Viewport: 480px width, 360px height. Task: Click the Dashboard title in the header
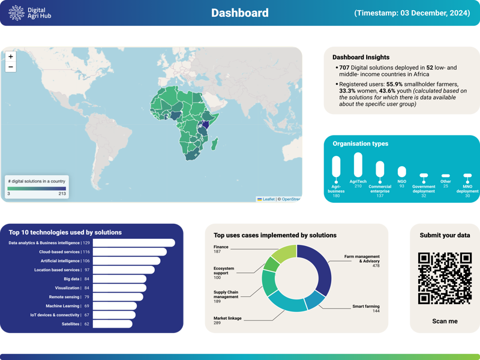pos(239,13)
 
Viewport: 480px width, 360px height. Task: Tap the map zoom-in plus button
pos(11,56)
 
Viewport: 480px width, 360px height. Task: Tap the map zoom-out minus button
pos(11,67)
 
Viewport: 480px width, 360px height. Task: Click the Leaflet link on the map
pos(267,199)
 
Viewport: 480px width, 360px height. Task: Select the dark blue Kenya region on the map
pos(206,124)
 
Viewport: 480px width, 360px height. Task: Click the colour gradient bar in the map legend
pos(37,188)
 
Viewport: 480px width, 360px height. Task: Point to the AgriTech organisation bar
pos(358,164)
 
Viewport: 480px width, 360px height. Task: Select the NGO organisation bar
pos(401,172)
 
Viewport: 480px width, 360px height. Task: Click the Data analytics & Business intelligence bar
pos(134,243)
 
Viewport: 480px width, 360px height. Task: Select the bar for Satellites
pos(113,324)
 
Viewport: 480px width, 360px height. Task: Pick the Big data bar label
pos(71,279)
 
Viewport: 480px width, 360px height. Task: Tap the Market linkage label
pos(227,319)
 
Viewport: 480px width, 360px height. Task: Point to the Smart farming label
pos(365,307)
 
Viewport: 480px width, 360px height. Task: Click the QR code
pos(445,278)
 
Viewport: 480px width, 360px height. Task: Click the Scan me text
pos(445,322)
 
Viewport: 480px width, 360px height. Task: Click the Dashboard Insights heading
pos(361,57)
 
